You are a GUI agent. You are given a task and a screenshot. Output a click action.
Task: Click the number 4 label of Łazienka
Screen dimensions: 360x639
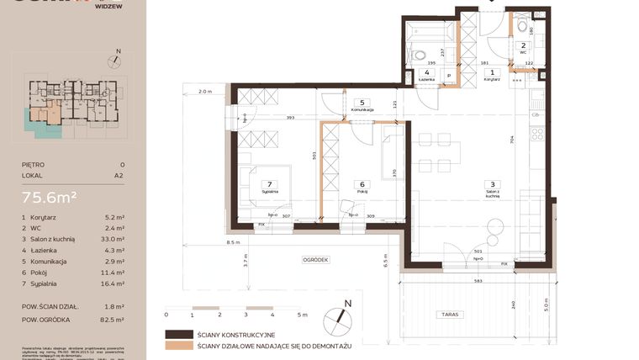[x=427, y=73]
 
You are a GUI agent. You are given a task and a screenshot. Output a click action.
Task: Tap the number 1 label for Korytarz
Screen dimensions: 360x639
[x=493, y=72]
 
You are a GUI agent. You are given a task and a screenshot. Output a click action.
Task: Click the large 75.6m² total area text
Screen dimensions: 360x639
[x=50, y=198]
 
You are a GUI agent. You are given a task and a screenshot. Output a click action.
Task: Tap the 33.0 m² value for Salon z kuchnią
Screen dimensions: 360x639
[x=114, y=239]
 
